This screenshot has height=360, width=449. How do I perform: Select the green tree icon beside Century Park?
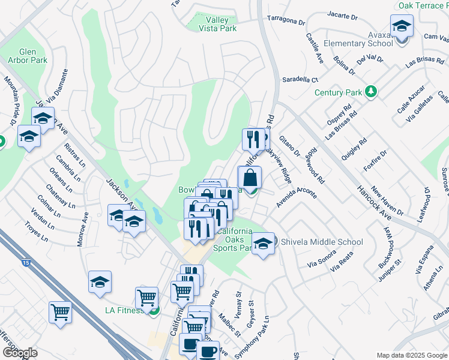click(372, 92)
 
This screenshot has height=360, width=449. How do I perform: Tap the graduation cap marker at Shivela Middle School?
click(263, 244)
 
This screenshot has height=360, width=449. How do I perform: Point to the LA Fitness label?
click(124, 310)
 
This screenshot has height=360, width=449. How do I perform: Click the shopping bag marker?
click(250, 178)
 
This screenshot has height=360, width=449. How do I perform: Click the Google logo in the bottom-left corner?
click(19, 353)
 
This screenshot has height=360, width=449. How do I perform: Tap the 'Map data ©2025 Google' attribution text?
click(411, 355)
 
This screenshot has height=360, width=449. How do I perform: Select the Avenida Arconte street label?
click(296, 197)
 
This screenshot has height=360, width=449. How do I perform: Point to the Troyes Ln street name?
click(36, 231)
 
